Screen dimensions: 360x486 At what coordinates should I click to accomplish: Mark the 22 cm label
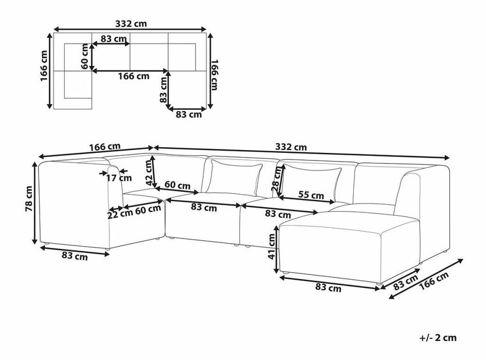pyautogui.click(x=120, y=213)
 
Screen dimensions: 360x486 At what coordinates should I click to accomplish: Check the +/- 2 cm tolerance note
pyautogui.click(x=437, y=337)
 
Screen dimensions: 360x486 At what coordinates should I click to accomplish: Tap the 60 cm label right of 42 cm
pyautogui.click(x=176, y=186)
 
